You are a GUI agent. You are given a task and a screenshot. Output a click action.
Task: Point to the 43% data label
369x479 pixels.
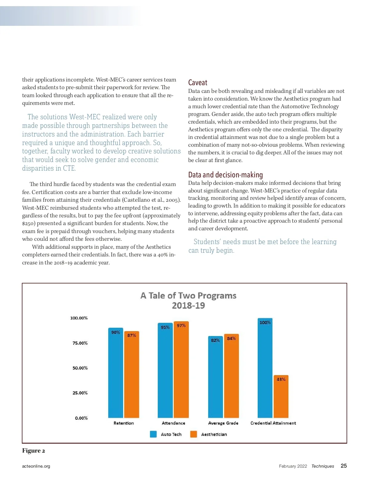[x=281, y=379]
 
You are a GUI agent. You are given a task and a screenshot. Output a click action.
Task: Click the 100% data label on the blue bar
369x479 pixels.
[x=265, y=323]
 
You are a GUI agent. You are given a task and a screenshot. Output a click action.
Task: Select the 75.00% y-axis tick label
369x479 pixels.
[x=80, y=343]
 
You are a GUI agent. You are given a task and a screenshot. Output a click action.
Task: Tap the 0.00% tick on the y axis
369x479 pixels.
[x=81, y=418]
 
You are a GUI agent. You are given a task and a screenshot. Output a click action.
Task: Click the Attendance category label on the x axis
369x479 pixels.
[x=173, y=423]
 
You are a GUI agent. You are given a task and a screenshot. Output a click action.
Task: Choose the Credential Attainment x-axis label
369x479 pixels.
[x=273, y=423]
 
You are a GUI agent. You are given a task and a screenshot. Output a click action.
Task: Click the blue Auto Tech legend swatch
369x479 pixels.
[x=153, y=434]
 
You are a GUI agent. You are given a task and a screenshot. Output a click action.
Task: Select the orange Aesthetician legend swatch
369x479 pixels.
[x=193, y=434]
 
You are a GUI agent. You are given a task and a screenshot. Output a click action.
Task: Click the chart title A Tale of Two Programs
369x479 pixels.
[x=188, y=296]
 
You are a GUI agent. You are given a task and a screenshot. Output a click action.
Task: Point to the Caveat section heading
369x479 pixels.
[x=198, y=83]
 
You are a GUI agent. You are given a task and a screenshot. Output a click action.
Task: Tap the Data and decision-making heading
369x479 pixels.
[x=225, y=175]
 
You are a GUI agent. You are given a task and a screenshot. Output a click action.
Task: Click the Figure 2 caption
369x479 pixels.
[x=34, y=451]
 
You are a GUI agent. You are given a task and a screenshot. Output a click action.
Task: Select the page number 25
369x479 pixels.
[x=344, y=466]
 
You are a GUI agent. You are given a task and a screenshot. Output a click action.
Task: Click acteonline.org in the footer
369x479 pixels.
[x=36, y=466]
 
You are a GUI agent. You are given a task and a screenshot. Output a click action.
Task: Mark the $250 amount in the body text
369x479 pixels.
[x=29, y=224]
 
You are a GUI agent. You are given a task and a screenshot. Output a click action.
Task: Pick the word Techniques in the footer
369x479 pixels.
[x=323, y=466]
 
